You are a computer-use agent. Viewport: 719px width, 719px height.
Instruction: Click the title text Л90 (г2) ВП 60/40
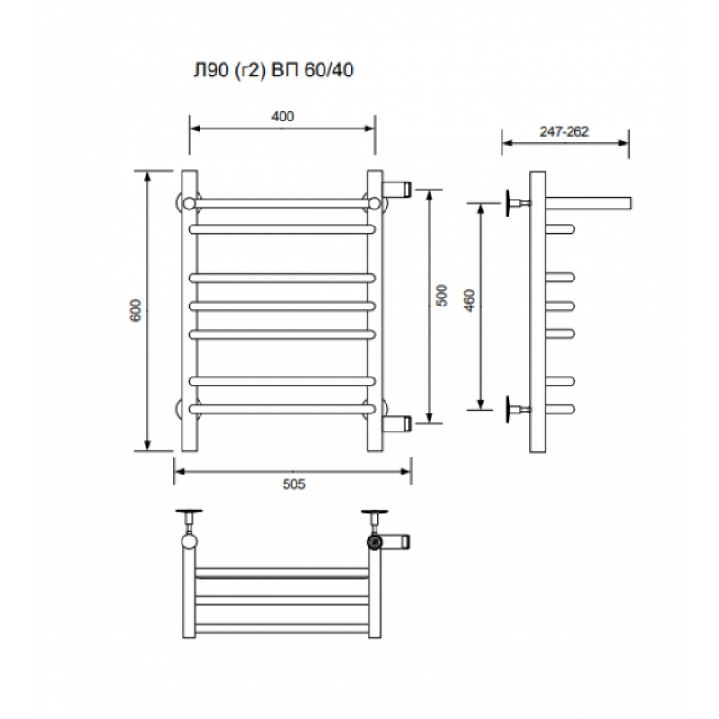(x=273, y=70)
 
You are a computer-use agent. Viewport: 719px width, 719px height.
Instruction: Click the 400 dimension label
(x=282, y=117)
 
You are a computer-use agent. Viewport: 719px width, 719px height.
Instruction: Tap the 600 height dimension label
(x=137, y=310)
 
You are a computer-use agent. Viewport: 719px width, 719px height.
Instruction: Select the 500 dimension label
(x=441, y=296)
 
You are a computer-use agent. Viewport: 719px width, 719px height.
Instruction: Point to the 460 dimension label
(x=469, y=301)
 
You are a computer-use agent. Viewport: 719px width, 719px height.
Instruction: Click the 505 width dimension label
(x=294, y=484)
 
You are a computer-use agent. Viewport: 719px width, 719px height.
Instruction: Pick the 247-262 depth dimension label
(x=564, y=131)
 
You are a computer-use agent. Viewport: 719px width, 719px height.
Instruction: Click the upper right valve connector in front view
(x=396, y=188)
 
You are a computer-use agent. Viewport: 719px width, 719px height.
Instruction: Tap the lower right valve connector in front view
(x=396, y=423)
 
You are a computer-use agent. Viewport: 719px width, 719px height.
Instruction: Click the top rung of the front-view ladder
(x=282, y=203)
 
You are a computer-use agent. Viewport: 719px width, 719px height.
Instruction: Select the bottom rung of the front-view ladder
(x=282, y=409)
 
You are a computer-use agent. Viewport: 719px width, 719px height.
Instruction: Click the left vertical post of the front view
(x=190, y=311)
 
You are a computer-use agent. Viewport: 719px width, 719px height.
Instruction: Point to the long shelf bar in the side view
(x=589, y=203)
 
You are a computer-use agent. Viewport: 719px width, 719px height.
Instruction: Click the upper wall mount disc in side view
(x=509, y=203)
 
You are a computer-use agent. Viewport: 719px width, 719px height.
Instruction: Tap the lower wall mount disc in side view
(x=509, y=409)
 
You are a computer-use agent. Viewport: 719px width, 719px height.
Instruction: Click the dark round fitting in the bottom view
(x=375, y=543)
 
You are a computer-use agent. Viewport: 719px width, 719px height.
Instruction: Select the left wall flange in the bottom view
(x=190, y=511)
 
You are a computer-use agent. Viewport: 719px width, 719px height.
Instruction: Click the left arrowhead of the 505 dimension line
(x=179, y=471)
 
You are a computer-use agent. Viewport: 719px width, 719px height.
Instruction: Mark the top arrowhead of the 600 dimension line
(x=147, y=176)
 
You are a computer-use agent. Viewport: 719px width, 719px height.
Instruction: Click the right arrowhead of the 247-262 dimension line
(x=624, y=143)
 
